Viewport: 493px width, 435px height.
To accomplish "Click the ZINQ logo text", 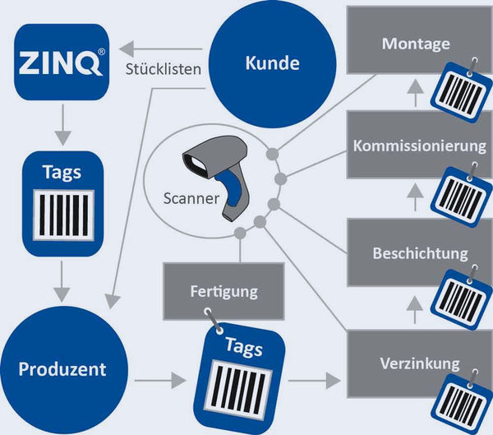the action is [60, 62].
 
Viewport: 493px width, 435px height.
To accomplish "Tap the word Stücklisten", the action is [164, 69].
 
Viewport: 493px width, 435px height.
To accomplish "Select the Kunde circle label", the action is [272, 63].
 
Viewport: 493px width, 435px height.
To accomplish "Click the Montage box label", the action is [416, 44].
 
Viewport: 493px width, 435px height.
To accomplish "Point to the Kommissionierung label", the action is [419, 146].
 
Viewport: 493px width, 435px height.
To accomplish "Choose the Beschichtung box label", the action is [420, 253].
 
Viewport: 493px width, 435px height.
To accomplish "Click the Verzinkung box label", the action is [419, 363].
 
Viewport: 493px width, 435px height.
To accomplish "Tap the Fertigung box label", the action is [223, 291].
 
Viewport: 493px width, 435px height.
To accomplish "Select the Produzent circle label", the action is [62, 369].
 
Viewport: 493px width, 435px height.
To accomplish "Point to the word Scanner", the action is [191, 198].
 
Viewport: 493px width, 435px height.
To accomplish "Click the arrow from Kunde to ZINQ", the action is [160, 49].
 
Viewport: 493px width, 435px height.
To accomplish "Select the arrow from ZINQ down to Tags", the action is [63, 125].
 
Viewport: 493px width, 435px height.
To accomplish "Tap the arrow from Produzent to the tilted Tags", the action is [160, 380].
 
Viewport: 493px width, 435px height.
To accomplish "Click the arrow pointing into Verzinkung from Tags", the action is [315, 380].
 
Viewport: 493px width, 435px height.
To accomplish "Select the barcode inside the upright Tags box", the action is [64, 215].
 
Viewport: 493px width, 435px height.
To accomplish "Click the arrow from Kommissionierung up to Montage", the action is [416, 93].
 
